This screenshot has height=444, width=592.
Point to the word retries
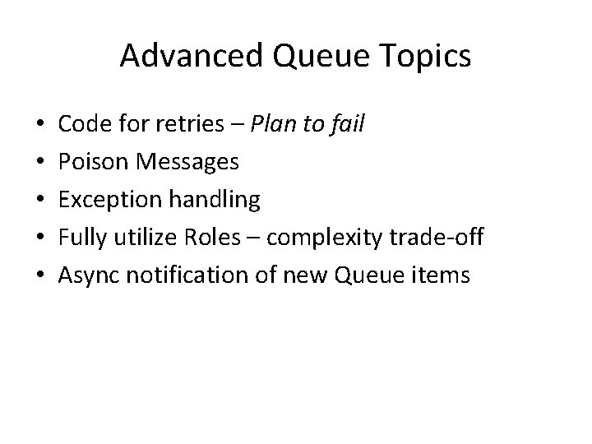tap(191, 124)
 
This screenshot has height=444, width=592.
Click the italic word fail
tap(349, 124)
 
